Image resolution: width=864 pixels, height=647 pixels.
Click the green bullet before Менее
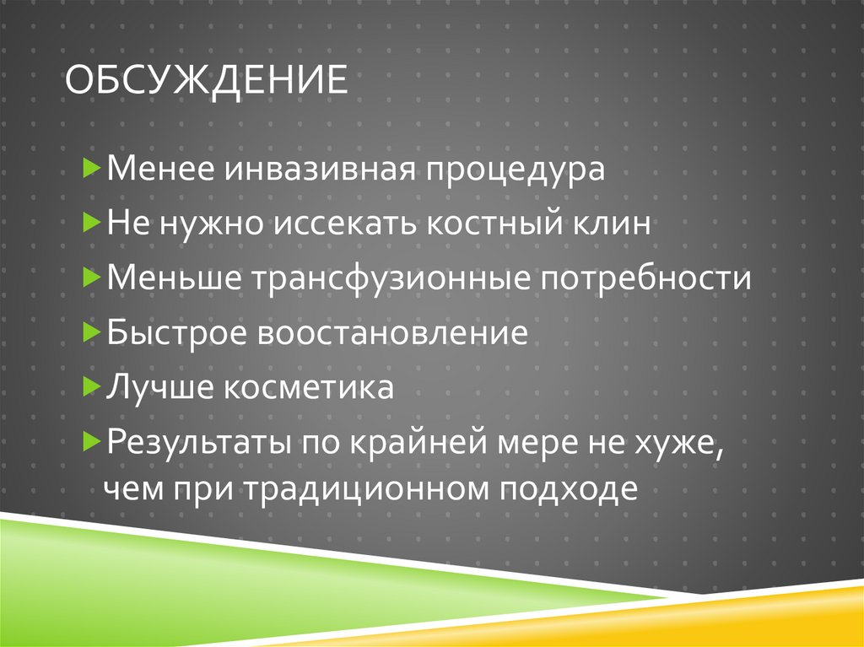(92, 170)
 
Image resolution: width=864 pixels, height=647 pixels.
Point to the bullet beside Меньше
(92, 278)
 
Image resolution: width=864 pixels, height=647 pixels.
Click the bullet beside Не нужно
(92, 224)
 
